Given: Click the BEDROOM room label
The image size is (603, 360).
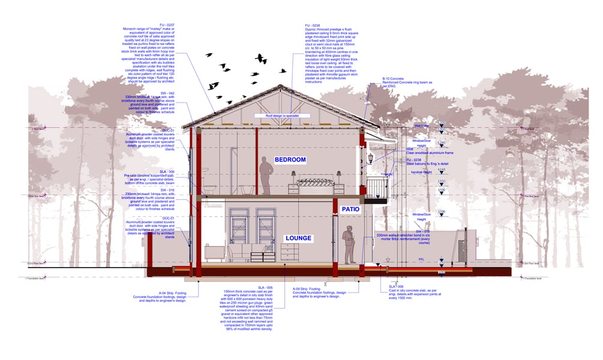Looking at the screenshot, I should pos(290,160).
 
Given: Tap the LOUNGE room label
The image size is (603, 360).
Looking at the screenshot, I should pos(298,238).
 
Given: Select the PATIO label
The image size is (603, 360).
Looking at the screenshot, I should pos(350,209).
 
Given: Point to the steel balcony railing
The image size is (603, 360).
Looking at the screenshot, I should pos(377,184).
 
